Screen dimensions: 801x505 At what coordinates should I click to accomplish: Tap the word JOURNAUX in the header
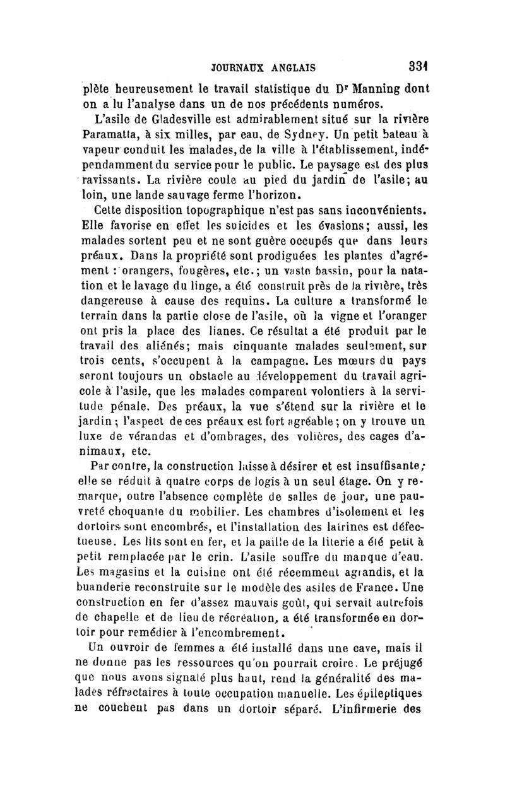pos(237,66)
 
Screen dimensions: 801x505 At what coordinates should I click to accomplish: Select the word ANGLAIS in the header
pos(295,66)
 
